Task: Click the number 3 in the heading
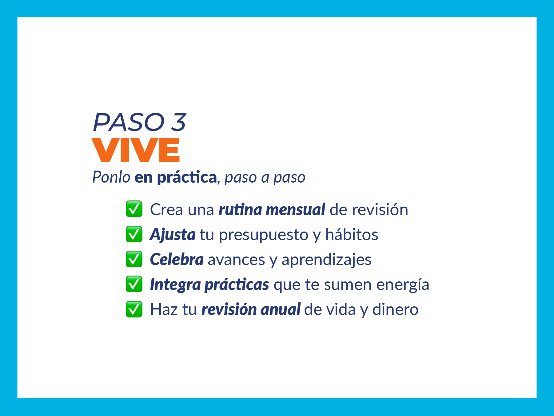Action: [x=178, y=122]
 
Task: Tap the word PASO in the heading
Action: [x=129, y=122]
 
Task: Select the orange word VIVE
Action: [x=136, y=150]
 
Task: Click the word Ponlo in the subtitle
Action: [x=111, y=177]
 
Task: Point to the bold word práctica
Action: [x=187, y=178]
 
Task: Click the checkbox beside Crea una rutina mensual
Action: [x=134, y=209]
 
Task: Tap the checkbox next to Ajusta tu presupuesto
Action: [x=134, y=234]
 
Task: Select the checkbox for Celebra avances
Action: [x=134, y=259]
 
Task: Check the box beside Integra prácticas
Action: [x=134, y=284]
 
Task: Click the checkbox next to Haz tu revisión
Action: [x=134, y=309]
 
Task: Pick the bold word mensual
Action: [x=295, y=210]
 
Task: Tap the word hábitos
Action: [x=352, y=234]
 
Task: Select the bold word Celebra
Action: [x=177, y=259]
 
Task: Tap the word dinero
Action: [x=395, y=309]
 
